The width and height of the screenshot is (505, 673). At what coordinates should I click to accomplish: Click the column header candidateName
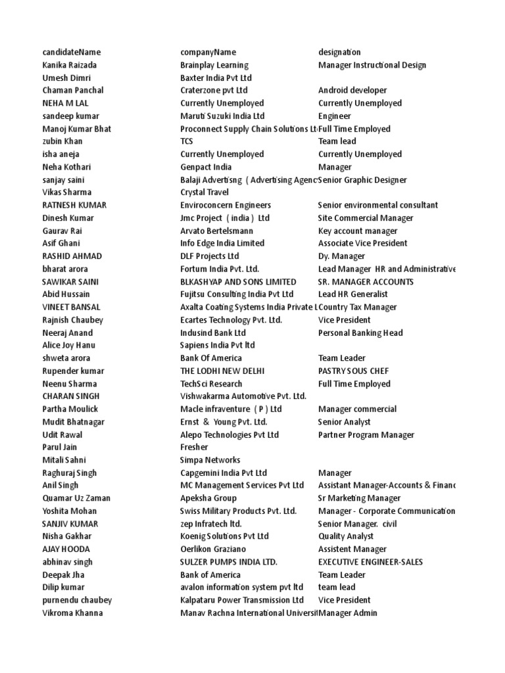72,52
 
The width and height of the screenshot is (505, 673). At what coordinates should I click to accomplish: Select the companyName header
208,52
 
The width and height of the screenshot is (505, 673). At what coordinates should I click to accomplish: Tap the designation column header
339,52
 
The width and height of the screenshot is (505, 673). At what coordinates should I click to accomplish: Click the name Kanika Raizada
69,65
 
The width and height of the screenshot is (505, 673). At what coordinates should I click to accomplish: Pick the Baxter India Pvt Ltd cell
216,78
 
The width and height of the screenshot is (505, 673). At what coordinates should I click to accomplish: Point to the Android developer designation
352,90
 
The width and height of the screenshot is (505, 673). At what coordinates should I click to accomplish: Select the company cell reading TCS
187,141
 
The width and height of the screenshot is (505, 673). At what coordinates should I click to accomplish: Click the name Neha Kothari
66,167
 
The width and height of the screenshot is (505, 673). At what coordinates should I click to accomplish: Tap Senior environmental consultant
378,205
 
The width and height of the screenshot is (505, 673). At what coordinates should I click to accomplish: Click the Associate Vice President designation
363,243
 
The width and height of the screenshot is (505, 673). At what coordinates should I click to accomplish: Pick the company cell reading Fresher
194,447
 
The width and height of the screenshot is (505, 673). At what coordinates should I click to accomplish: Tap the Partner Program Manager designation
366,434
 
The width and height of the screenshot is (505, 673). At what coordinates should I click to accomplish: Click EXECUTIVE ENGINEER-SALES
370,562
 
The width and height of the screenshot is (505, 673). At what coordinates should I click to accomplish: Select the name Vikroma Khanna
72,613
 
